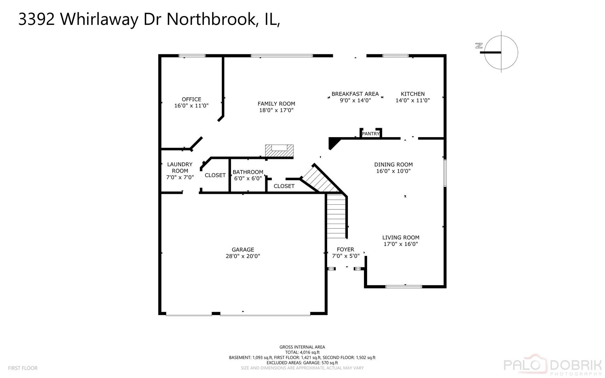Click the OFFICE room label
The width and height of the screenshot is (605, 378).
191,99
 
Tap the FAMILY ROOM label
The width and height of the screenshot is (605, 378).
276,104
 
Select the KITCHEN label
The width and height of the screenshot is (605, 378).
413,94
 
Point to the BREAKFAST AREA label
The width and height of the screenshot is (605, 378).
355,94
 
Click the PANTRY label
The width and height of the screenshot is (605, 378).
371,134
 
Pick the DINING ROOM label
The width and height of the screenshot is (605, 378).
393,164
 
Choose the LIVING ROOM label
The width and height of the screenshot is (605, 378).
401,238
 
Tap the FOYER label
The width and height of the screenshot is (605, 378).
345,250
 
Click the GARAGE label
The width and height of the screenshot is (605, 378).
243,250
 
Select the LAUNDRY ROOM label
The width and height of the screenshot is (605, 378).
180,168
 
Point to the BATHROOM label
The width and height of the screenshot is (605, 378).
248,172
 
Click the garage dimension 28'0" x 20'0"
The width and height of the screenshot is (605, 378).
243,256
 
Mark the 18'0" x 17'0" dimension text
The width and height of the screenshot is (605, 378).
276,110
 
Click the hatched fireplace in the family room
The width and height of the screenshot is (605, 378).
279,151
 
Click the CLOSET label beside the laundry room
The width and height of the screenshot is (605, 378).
215,175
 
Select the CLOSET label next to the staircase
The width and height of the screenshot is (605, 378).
284,186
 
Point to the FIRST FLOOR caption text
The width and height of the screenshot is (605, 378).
23,368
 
